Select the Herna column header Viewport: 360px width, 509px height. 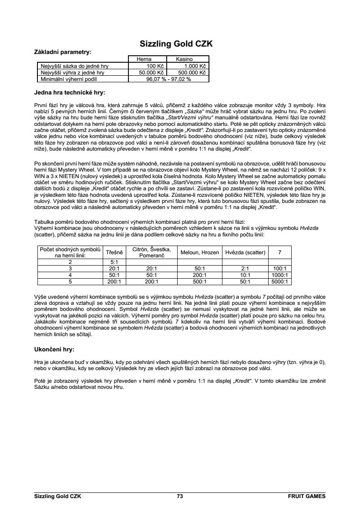click(x=144, y=59)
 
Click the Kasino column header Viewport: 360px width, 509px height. click(x=184, y=59)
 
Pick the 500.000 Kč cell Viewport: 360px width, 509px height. click(x=192, y=73)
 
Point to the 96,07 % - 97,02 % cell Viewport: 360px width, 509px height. click(x=168, y=79)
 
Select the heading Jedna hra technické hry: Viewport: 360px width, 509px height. click(x=70, y=93)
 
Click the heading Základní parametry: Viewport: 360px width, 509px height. click(x=63, y=52)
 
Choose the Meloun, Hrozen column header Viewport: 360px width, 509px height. click(x=199, y=252)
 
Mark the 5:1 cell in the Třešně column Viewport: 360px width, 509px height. click(x=114, y=262)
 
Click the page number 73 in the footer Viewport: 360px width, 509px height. click(x=180, y=496)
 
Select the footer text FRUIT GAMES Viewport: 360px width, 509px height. click(x=306, y=496)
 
